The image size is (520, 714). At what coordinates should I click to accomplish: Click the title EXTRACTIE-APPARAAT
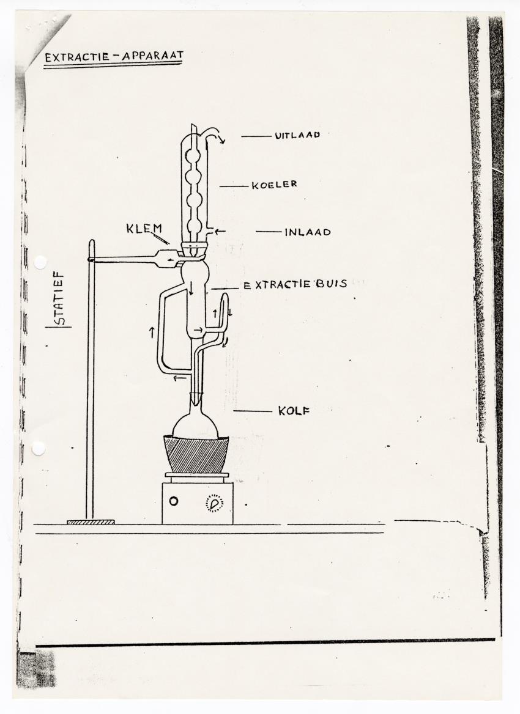[113, 57]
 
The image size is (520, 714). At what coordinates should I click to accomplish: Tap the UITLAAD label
[297, 136]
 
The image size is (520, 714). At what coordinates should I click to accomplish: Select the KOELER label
[274, 185]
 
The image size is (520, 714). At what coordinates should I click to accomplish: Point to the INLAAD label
[307, 232]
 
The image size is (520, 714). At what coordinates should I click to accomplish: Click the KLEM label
[144, 229]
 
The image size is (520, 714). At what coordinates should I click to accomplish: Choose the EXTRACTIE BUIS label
[295, 284]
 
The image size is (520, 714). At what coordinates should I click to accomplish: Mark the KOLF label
[294, 411]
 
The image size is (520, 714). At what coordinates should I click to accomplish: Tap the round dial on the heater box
[214, 502]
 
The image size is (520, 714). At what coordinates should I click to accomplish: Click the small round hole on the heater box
[174, 501]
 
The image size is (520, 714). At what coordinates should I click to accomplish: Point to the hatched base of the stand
[91, 522]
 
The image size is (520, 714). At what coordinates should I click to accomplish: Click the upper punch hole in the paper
[40, 262]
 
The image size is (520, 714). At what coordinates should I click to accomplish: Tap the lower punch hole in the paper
[39, 448]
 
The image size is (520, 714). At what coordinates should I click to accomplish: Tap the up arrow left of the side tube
[151, 332]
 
